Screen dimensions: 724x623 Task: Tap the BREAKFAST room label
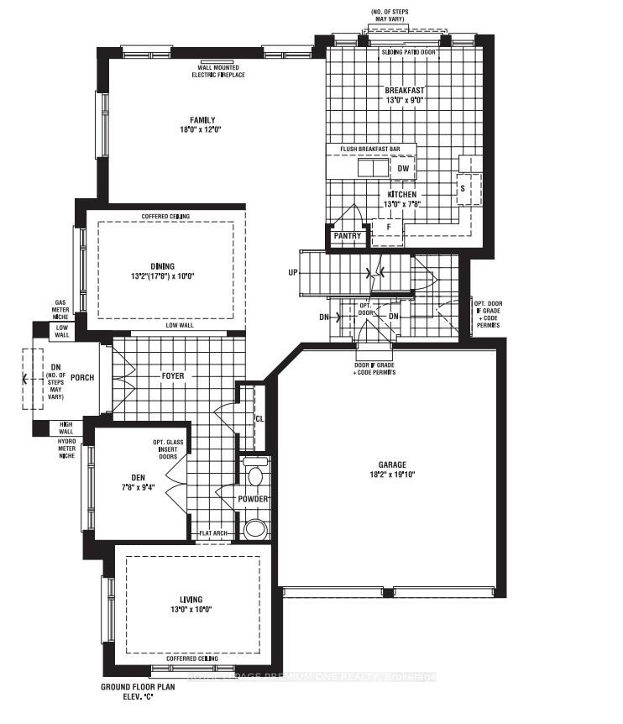[404, 90]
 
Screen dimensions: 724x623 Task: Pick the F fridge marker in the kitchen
[388, 226]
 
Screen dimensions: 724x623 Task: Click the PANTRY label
[347, 236]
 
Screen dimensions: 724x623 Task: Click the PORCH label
[82, 377]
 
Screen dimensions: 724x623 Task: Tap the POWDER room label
[253, 499]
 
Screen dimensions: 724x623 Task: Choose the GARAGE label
[391, 464]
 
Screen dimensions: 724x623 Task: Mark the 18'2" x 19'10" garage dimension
[391, 475]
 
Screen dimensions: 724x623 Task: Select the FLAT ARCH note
[213, 533]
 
